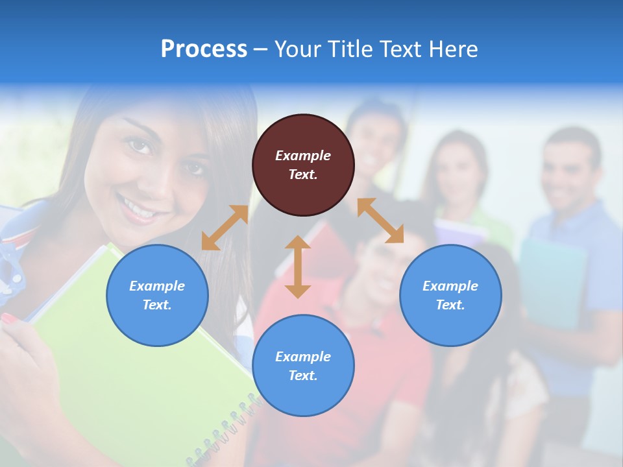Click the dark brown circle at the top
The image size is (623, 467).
(303, 165)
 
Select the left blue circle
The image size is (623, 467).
(157, 295)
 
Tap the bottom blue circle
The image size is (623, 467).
(303, 365)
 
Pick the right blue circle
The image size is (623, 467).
(450, 295)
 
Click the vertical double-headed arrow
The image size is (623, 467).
(298, 267)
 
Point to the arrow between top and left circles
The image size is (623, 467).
(225, 228)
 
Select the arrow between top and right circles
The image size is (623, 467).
(380, 221)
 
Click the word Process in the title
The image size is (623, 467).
(204, 49)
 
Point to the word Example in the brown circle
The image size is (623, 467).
(303, 156)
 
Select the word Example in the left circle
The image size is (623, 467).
(157, 286)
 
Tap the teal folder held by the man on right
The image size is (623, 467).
(552, 279)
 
